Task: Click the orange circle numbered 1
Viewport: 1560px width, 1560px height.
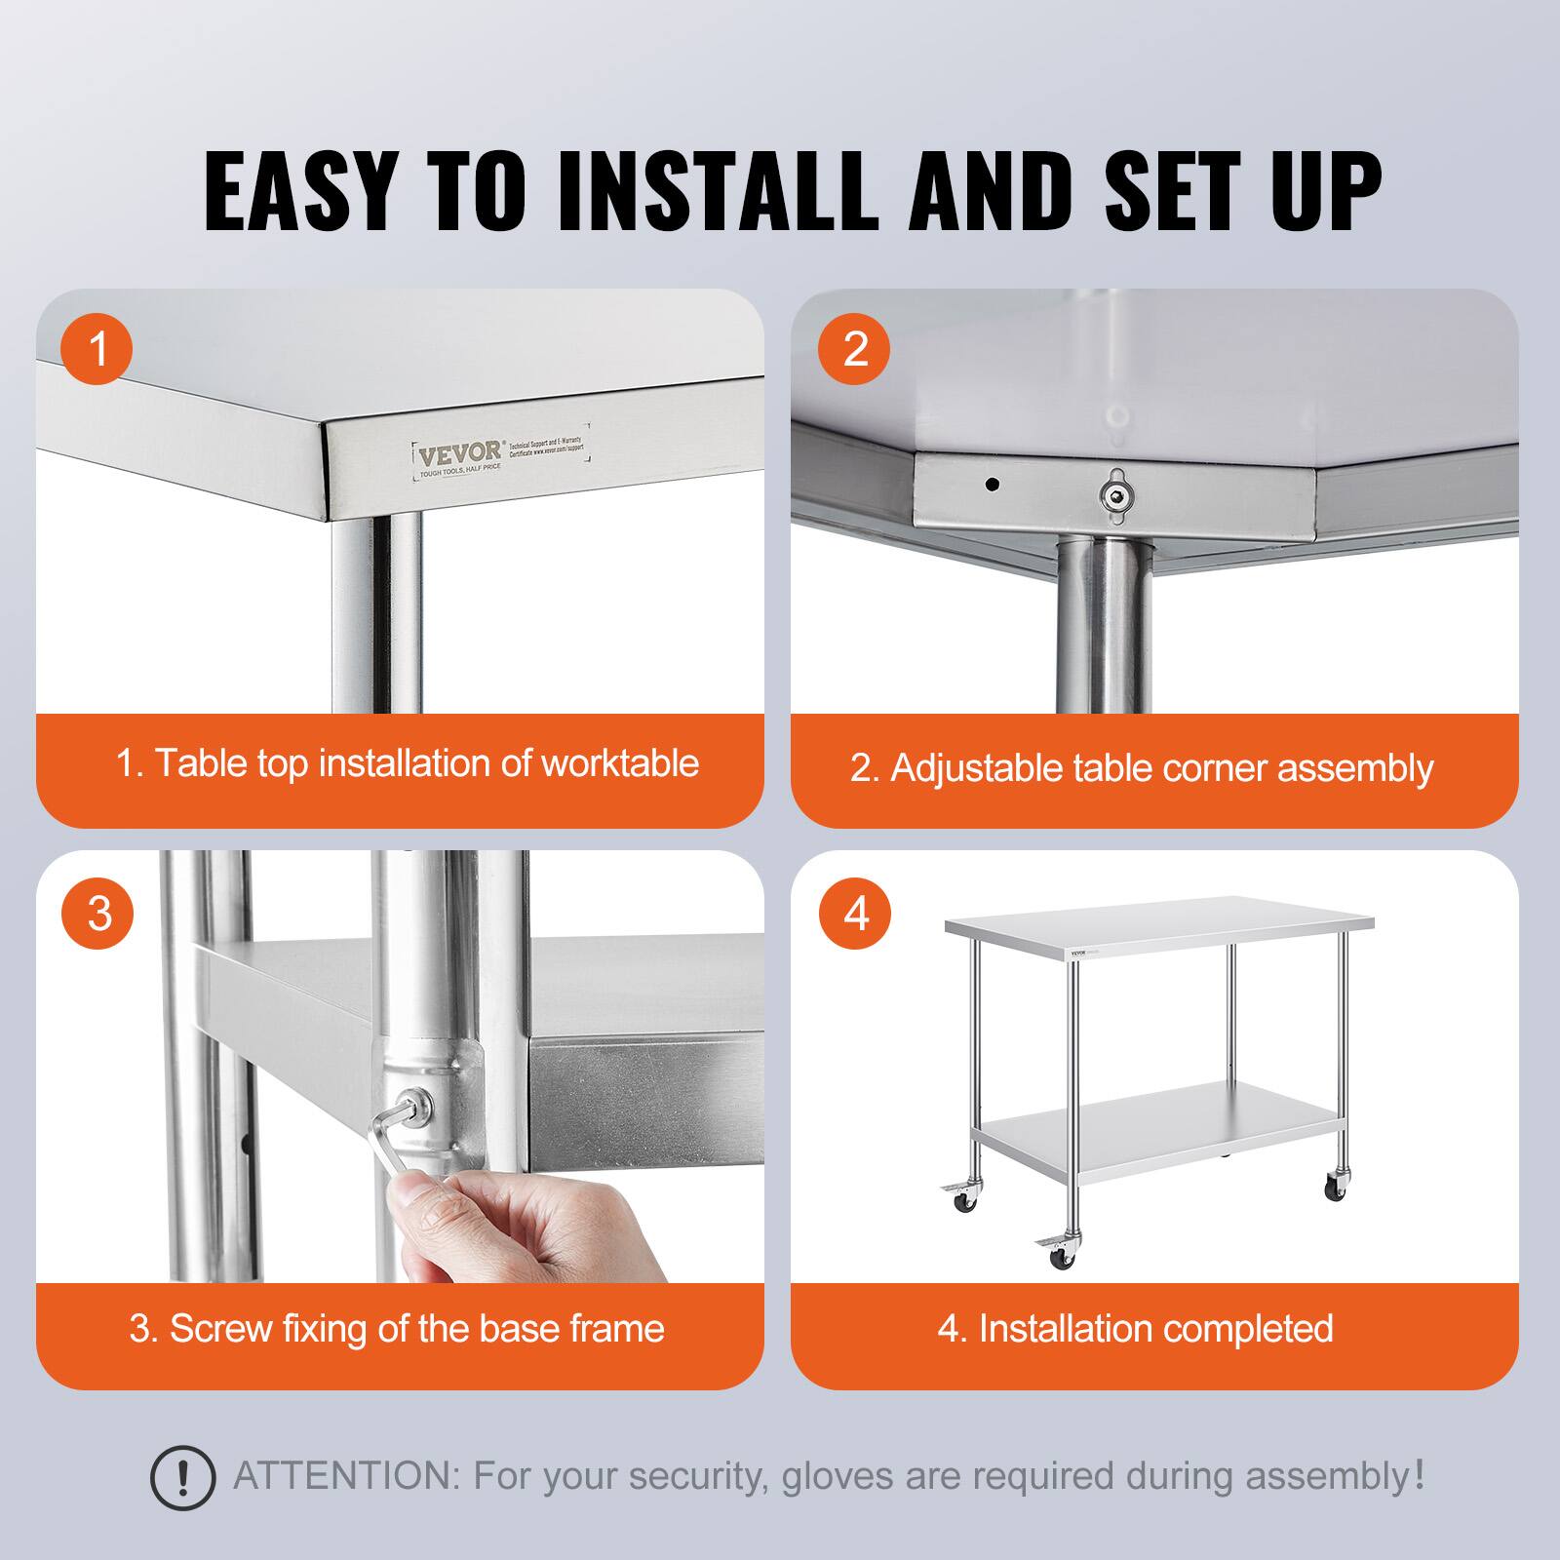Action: click(97, 348)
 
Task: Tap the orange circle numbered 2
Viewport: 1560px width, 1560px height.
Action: click(855, 348)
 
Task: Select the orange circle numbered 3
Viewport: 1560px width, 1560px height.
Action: click(97, 914)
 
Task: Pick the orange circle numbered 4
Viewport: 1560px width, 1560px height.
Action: click(855, 914)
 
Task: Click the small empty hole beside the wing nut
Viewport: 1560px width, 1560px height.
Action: click(992, 484)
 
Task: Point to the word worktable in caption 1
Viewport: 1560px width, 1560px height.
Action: click(620, 763)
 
